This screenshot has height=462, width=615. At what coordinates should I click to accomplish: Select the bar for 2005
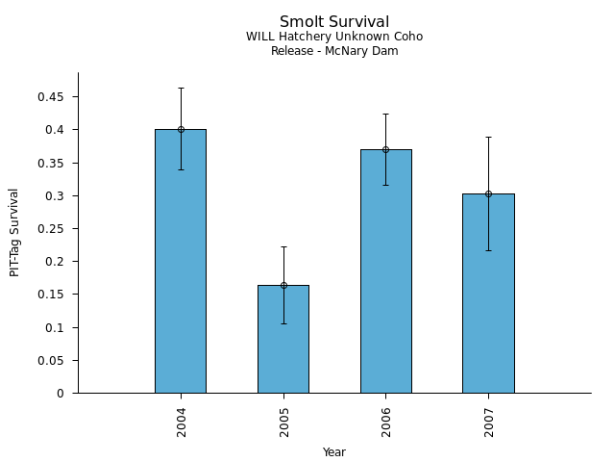(283, 346)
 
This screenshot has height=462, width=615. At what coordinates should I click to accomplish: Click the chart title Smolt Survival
(334, 22)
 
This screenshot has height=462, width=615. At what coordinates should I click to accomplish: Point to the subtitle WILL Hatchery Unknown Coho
(334, 37)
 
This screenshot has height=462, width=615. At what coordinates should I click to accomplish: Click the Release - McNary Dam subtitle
(334, 51)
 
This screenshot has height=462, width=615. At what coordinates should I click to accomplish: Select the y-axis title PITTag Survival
(14, 232)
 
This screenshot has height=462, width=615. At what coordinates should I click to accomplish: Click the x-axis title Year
(334, 452)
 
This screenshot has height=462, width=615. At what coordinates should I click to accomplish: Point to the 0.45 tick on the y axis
(52, 97)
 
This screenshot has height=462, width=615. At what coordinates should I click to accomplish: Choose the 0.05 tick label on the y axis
(52, 361)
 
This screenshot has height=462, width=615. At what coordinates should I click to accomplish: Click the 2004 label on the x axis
(182, 421)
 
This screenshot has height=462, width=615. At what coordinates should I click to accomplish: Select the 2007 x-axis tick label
(489, 421)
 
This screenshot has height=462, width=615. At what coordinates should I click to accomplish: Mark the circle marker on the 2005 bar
(283, 285)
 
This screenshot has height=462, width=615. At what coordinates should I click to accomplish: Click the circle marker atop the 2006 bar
(385, 149)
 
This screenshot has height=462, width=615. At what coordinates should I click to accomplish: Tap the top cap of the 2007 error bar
(488, 137)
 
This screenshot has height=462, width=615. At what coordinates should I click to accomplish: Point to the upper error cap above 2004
(181, 89)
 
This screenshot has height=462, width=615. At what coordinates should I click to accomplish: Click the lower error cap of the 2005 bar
(283, 323)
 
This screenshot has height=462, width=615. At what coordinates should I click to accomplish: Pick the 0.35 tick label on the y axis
(52, 164)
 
